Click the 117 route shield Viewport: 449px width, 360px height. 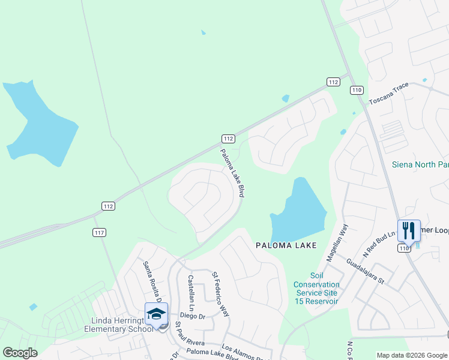[x=100, y=232]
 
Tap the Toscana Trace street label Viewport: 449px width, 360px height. [x=388, y=93]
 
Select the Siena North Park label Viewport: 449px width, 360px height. [x=420, y=164]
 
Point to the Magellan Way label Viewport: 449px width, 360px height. [x=337, y=242]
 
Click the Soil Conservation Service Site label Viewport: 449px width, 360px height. [x=317, y=293]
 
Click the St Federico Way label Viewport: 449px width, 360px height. [x=220, y=294]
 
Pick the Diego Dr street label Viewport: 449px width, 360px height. [x=193, y=316]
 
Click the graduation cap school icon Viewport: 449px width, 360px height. [x=156, y=314]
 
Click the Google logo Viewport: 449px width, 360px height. [x=20, y=353]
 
